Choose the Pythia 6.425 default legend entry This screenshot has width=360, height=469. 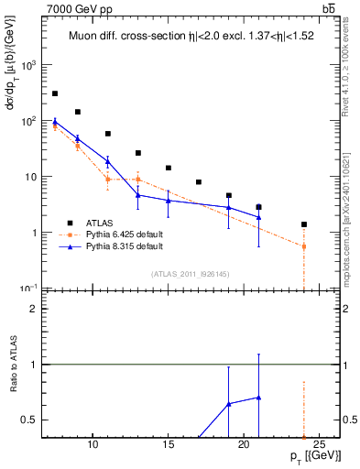tap(124, 234)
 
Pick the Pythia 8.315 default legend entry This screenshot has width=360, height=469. tap(124, 246)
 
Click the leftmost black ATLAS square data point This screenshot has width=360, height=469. tap(55, 93)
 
